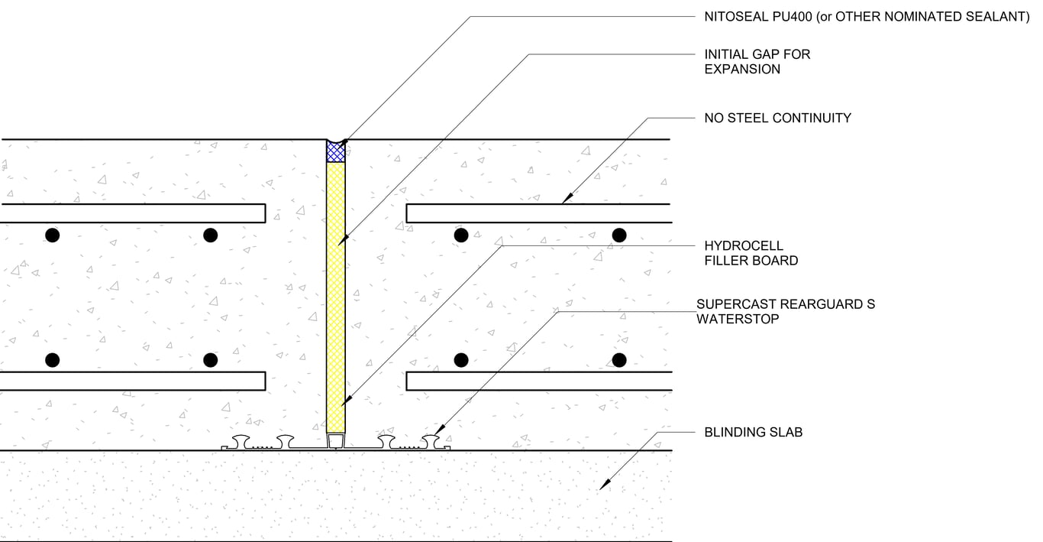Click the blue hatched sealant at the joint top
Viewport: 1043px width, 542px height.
pos(336,151)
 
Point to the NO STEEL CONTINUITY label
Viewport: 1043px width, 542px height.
pos(777,118)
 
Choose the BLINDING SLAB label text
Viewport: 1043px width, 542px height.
pos(753,433)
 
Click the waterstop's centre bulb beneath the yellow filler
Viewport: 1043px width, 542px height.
pos(336,441)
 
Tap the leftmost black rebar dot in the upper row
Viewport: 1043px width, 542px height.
pos(52,235)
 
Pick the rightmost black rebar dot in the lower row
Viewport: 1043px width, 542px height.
pos(619,359)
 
